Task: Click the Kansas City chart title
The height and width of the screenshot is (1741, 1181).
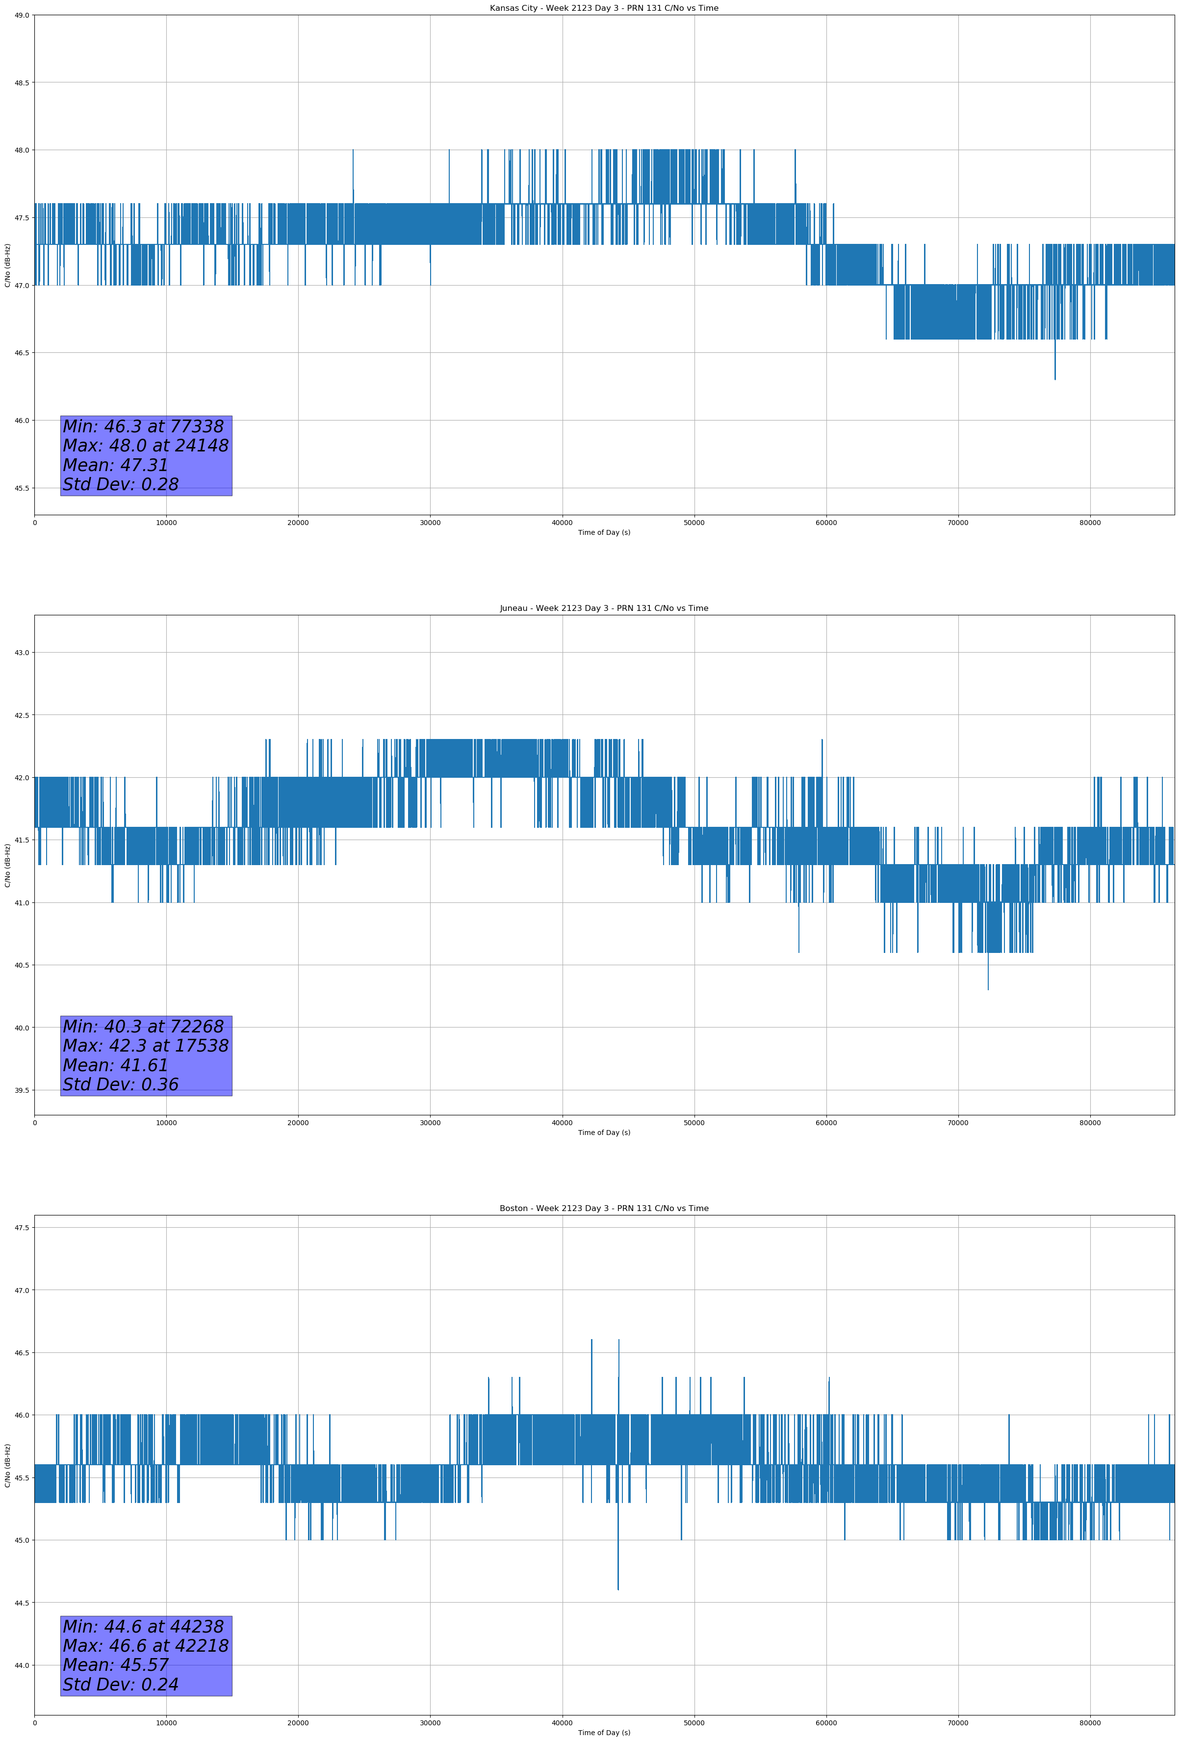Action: (x=604, y=8)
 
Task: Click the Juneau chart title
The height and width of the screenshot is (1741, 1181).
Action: (x=604, y=608)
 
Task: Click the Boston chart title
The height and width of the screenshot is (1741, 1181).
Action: (x=604, y=1209)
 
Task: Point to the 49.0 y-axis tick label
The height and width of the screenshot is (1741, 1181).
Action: (x=21, y=15)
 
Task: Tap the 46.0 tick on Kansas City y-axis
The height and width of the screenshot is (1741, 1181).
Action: (x=21, y=420)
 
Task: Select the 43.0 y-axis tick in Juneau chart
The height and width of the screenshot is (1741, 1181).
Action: (x=21, y=653)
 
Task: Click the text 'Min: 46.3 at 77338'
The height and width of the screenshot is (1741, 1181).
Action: (x=143, y=426)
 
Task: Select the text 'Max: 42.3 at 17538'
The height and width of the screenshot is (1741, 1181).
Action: (x=145, y=1046)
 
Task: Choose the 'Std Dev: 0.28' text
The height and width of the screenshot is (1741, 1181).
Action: (x=121, y=485)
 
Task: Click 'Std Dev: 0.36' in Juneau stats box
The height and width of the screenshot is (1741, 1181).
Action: (x=121, y=1085)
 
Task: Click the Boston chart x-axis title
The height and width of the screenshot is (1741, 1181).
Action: (x=604, y=1733)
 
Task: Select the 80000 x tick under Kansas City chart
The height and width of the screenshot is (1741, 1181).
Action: (x=1090, y=523)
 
